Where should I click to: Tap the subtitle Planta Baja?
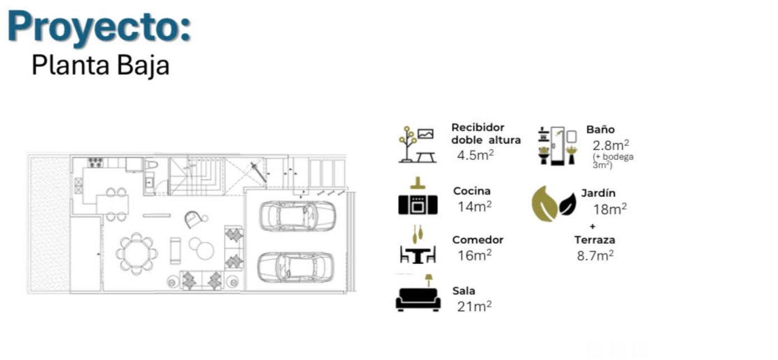(101, 65)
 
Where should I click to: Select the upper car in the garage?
(298, 216)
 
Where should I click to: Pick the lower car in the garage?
(296, 267)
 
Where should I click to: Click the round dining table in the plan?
(136, 254)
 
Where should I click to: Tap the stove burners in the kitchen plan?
(96, 162)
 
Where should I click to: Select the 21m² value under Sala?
(474, 306)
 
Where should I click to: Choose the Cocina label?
(472, 191)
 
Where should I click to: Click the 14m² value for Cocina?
(475, 206)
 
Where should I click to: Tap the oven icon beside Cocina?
(418, 205)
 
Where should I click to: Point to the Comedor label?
(477, 240)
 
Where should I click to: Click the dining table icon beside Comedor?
(418, 254)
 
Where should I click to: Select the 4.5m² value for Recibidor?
(475, 155)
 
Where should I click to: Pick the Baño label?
(600, 129)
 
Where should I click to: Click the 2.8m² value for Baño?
(610, 145)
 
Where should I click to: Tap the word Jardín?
(598, 193)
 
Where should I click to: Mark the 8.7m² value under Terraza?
(595, 256)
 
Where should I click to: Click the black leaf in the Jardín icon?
(567, 205)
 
